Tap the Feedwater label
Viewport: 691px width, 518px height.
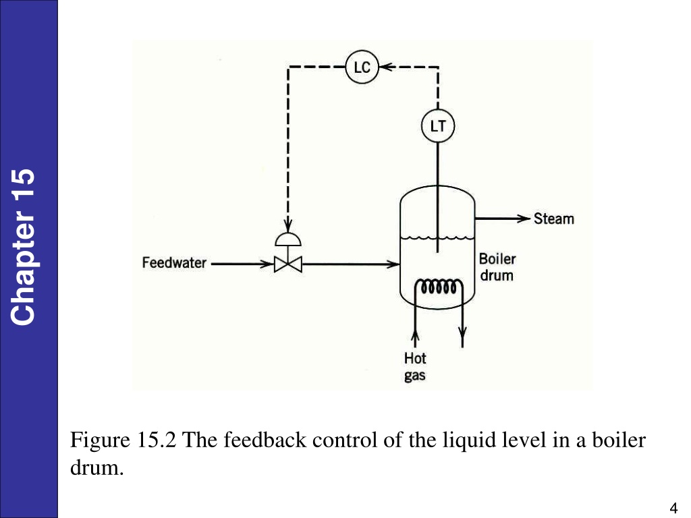pos(174,263)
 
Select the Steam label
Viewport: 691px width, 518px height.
pos(554,219)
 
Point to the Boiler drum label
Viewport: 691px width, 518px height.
pos(497,267)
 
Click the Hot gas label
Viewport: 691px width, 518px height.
pos(415,366)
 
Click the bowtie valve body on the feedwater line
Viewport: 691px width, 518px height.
pos(287,264)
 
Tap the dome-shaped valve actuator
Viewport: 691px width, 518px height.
pos(287,239)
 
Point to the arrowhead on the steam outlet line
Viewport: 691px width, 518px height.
pos(524,219)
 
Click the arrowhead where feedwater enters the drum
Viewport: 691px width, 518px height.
pos(393,264)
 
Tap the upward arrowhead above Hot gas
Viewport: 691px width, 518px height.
pos(415,337)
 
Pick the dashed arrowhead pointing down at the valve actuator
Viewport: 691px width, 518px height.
pos(287,225)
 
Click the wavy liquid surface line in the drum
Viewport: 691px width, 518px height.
pos(437,238)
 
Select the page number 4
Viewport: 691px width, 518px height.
pos(673,508)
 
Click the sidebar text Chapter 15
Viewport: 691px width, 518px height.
pos(22,247)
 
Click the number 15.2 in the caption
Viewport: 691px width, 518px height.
pos(157,440)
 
